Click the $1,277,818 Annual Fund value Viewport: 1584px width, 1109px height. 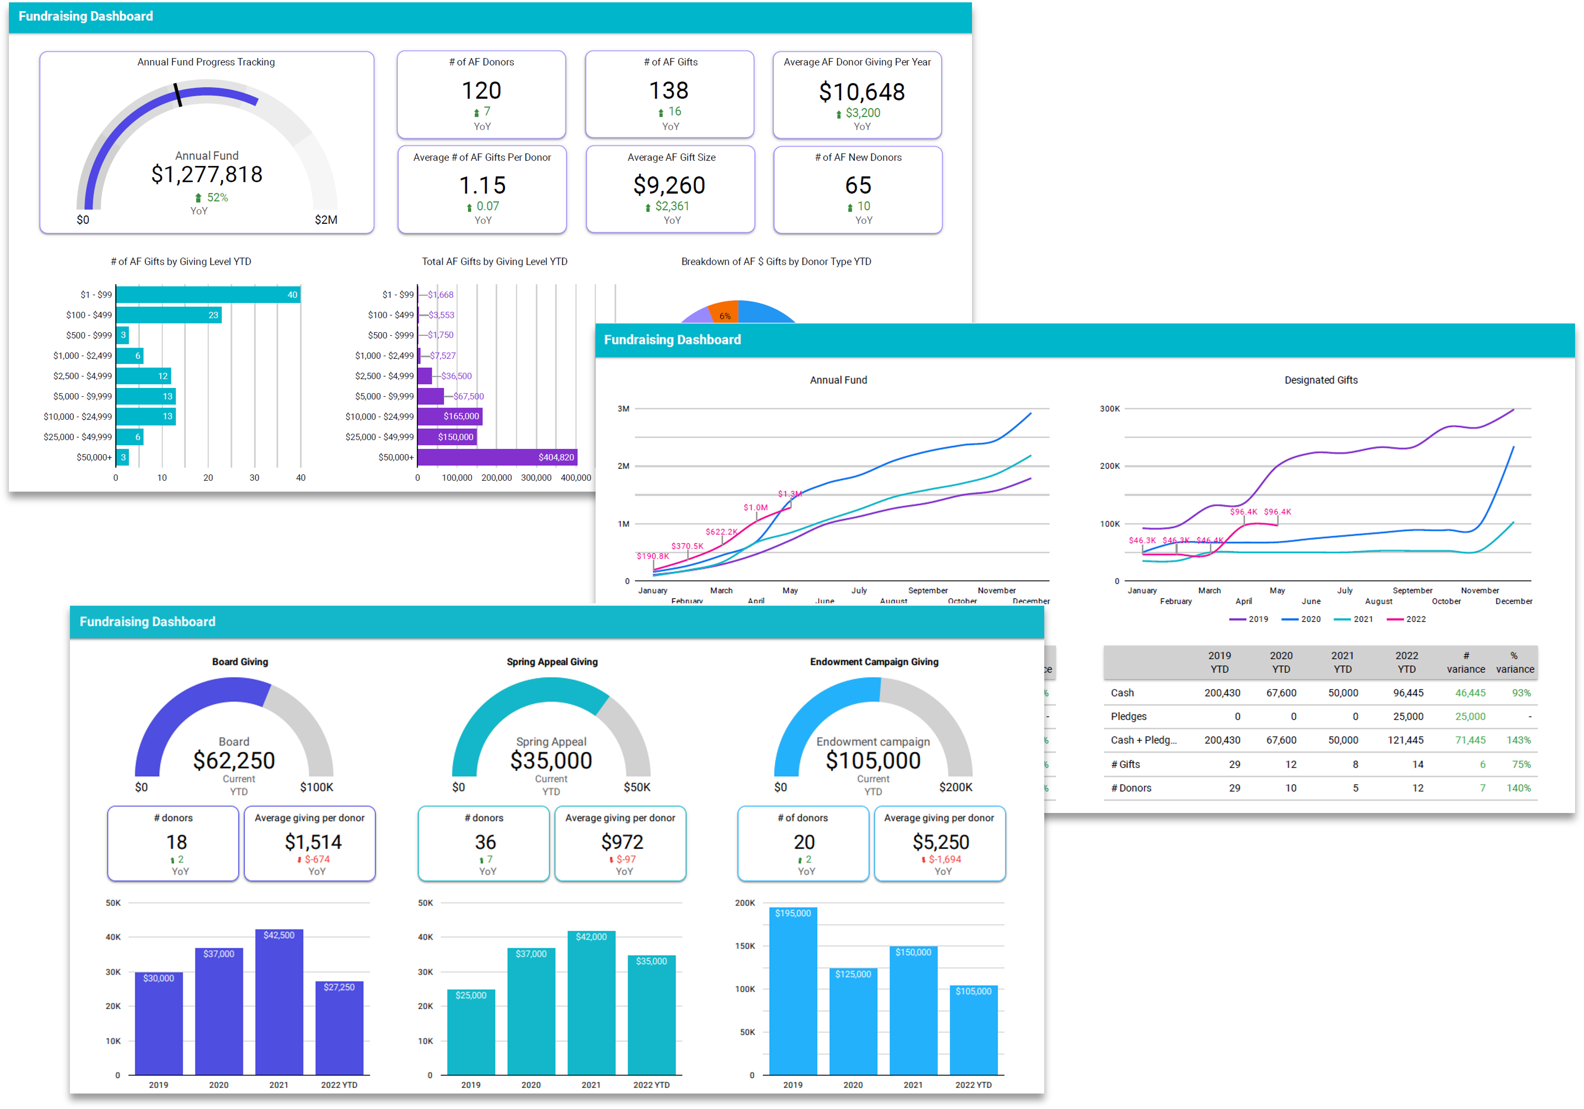[207, 175]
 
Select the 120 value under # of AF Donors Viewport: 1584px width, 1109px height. [482, 91]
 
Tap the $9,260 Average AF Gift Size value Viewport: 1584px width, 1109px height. [669, 185]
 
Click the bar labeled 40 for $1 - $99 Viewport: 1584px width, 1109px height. [207, 295]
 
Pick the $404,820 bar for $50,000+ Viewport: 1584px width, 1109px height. [497, 457]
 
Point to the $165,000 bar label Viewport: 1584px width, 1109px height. [461, 417]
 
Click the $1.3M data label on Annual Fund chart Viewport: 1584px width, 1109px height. [790, 494]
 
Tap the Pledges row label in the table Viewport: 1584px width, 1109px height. [1129, 716]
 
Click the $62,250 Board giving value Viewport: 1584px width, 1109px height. [234, 761]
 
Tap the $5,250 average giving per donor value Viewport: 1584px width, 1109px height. [941, 842]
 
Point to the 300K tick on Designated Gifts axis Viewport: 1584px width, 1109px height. [1110, 409]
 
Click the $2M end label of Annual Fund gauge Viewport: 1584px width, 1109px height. [326, 220]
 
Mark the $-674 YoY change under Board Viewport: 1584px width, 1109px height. [317, 859]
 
